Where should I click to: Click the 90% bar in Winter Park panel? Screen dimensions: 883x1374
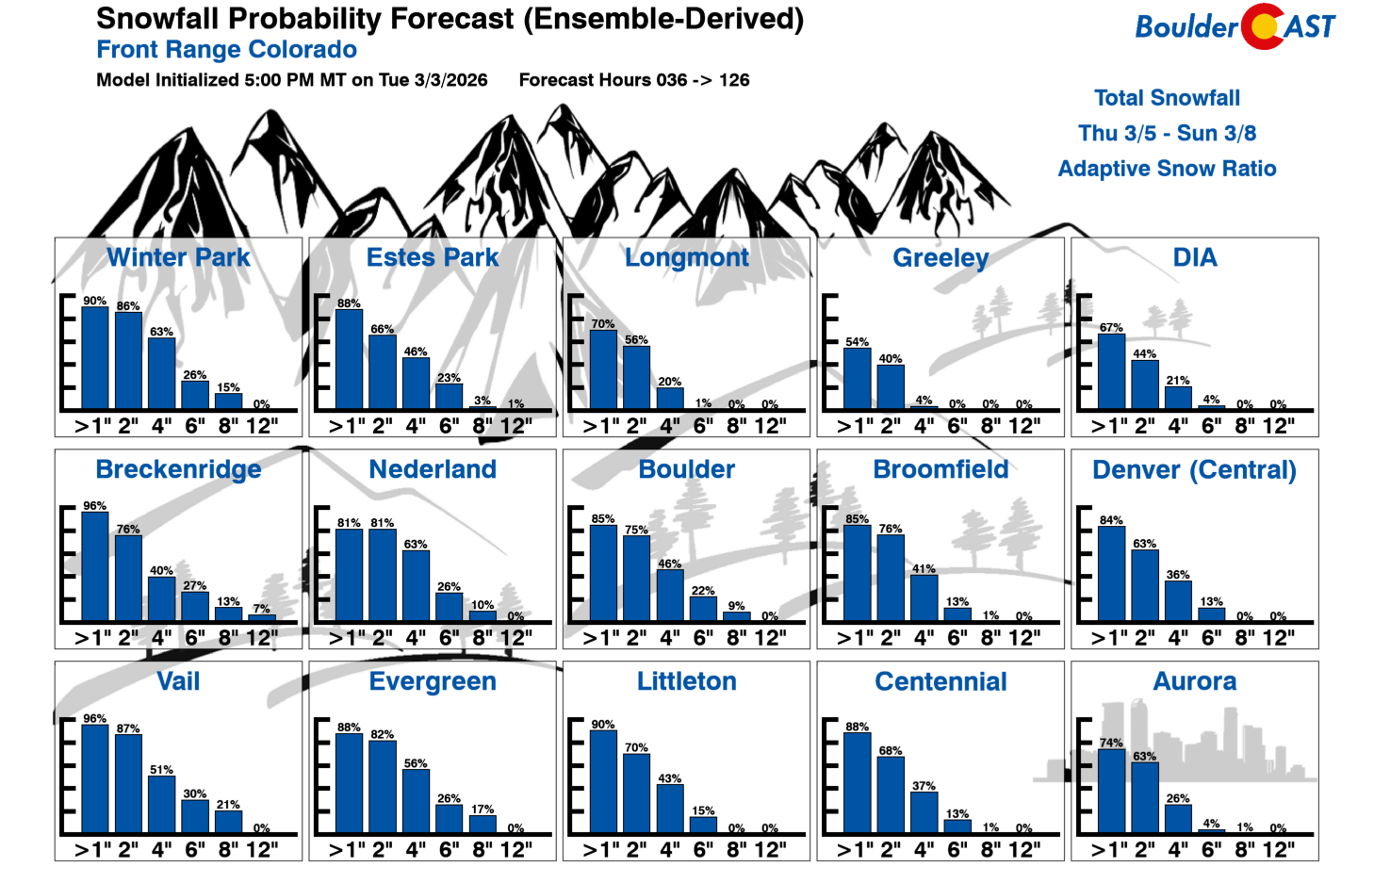[x=95, y=358]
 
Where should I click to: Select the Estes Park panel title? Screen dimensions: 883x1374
[x=433, y=257]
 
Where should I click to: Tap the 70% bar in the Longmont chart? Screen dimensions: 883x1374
[x=603, y=369]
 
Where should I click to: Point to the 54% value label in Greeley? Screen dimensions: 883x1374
[x=857, y=342]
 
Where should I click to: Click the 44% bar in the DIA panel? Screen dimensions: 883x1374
[x=1145, y=384]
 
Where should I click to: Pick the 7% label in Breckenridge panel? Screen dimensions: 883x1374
[x=261, y=609]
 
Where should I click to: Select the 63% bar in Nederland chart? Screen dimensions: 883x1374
[x=416, y=585]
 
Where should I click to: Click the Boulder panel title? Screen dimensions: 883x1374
[x=686, y=469]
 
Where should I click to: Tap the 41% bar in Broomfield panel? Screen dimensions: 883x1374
[x=924, y=597]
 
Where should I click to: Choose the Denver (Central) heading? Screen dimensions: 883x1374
[x=1194, y=469]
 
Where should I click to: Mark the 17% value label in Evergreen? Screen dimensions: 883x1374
[x=483, y=809]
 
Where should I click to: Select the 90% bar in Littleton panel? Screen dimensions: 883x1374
[x=603, y=781]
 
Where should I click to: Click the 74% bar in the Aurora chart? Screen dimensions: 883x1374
[x=1112, y=791]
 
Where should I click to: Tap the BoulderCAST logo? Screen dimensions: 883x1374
[x=1235, y=26]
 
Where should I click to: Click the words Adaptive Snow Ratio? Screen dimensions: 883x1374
[x=1167, y=169]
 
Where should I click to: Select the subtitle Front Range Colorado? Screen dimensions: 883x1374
[x=226, y=50]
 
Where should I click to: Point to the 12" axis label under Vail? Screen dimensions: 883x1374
[x=261, y=850]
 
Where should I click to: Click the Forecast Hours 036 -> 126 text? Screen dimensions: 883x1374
[x=634, y=80]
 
